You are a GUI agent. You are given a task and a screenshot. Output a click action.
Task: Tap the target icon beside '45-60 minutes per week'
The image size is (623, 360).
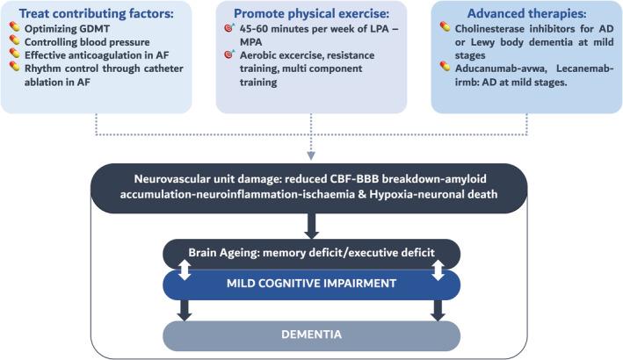click(229, 29)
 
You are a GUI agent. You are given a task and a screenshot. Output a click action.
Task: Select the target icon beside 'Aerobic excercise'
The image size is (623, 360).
click(229, 54)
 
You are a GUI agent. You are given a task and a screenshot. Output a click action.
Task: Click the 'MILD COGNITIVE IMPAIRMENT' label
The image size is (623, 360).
click(312, 284)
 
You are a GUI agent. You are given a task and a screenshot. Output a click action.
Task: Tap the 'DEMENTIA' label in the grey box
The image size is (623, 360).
click(312, 335)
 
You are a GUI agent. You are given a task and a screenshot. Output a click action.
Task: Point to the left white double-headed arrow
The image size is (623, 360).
click(185, 271)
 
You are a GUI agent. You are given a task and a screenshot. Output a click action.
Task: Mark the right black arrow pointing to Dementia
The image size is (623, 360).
click(439, 310)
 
